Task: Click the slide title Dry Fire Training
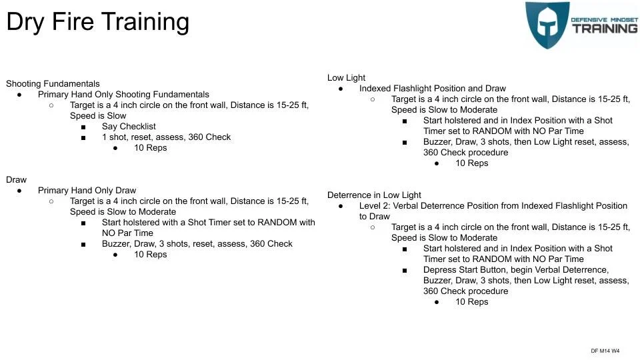97,22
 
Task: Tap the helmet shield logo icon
547,25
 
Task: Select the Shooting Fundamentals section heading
53,84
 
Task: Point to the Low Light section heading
346,78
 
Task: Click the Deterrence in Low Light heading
374,195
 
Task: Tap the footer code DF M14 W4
605,351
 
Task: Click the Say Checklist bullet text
129,127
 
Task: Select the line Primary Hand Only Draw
87,191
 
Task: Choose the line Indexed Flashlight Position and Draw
432,89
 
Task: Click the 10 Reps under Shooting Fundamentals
150,148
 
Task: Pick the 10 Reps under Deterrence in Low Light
471,302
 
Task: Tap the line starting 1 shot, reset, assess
166,137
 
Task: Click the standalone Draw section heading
16,180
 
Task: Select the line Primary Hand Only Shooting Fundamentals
123,95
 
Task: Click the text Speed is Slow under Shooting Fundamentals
98,116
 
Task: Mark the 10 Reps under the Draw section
150,255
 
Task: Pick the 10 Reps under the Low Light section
471,163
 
